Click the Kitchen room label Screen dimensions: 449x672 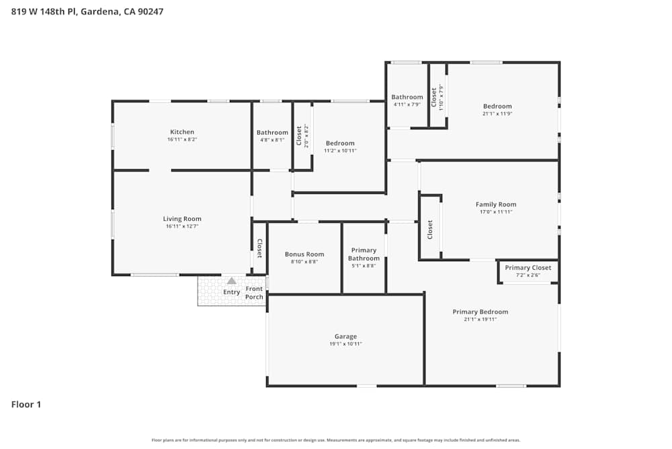[182, 132]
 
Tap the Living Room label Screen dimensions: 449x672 [182, 219]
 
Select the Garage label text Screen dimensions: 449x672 [345, 337]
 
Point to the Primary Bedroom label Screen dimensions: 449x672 [480, 312]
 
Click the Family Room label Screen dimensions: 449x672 [496, 205]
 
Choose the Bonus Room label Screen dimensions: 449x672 [304, 254]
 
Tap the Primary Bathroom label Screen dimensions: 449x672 [364, 254]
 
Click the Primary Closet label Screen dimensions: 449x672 [528, 267]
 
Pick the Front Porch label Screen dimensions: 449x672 [254, 293]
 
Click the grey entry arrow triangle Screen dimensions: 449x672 [231, 281]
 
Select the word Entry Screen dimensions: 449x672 [231, 292]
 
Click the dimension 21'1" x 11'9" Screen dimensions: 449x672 [497, 114]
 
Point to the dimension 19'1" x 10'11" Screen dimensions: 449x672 [345, 344]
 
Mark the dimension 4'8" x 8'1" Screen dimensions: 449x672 [272, 140]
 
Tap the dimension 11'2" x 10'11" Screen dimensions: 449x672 [340, 151]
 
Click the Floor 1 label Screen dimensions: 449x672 [26, 405]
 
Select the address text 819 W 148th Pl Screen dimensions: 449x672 [46, 11]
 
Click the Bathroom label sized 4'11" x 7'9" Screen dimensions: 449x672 [407, 97]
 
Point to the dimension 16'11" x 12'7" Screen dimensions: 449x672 [182, 226]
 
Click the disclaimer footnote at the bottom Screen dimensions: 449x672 [336, 440]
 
